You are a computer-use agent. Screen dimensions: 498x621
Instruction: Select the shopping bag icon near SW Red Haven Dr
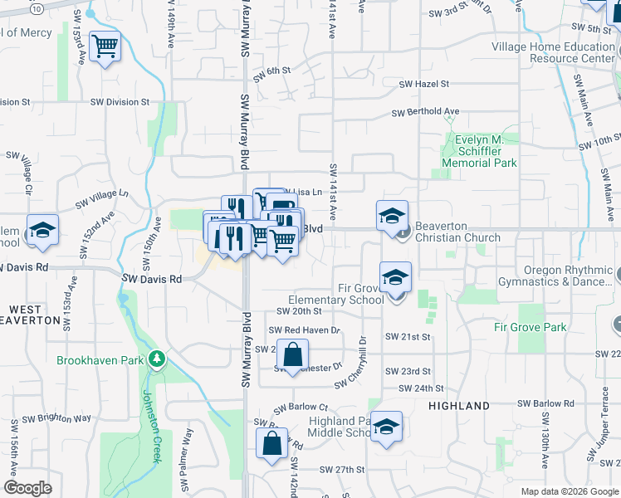click(292, 355)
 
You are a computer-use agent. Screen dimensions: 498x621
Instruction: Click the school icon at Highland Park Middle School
click(386, 427)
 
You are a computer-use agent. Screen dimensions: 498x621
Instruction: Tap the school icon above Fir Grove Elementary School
click(396, 276)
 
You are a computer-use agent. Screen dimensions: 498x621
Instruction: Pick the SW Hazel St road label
click(423, 85)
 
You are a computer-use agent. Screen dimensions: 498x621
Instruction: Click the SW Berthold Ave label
click(425, 112)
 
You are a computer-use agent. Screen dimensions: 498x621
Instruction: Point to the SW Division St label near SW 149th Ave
click(121, 102)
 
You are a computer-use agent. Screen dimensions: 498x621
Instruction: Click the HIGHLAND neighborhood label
click(458, 406)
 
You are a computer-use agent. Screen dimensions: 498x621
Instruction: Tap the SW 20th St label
click(298, 311)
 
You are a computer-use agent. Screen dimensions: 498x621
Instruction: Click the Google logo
click(27, 488)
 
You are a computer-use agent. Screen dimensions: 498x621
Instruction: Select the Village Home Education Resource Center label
click(553, 53)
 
